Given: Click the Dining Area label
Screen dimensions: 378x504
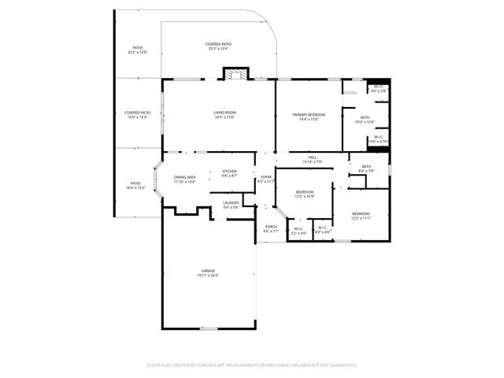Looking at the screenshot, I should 185,180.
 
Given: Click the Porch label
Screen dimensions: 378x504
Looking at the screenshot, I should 271,229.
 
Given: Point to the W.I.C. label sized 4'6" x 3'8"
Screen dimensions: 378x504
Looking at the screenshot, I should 379,88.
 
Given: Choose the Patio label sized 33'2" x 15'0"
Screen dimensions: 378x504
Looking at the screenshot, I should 137,50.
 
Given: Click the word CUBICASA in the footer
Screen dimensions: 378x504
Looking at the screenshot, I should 204,365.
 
